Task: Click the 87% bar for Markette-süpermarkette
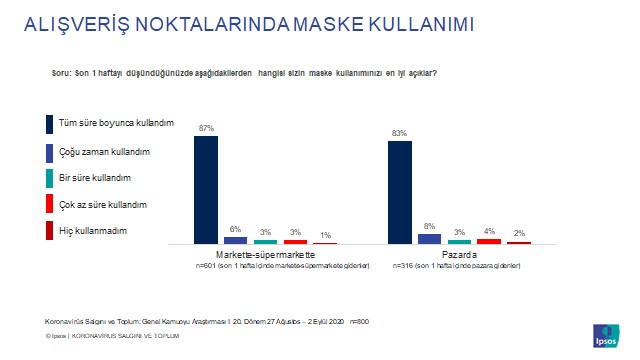pos(206,190)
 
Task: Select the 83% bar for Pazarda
pos(400,193)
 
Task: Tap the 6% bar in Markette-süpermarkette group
pos(235,240)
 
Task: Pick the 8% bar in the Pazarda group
pos(429,239)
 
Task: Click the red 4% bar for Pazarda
pos(489,241)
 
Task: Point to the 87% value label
pos(206,129)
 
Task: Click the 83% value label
pos(400,134)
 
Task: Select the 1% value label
pos(325,235)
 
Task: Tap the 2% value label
pos(519,233)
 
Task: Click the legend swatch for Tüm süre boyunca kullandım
pos(49,124)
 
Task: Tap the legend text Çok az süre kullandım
pos(104,204)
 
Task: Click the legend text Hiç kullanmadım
pos(94,231)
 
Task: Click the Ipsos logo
pos(605,334)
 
